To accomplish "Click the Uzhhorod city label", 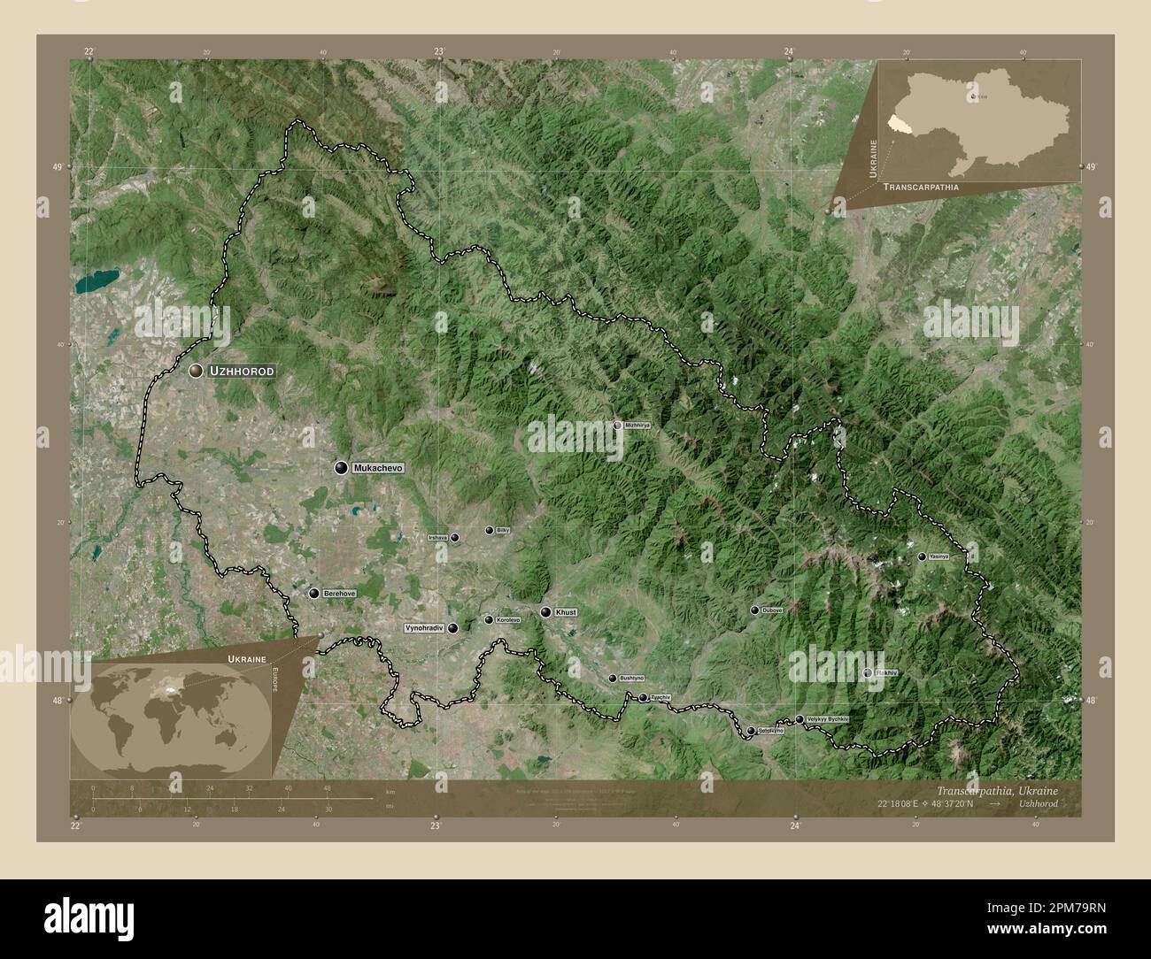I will tap(240, 372).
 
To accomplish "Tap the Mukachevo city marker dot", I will tap(340, 467).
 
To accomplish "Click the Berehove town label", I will tap(339, 594).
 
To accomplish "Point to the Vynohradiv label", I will tap(423, 628).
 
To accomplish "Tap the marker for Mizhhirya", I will tap(618, 426).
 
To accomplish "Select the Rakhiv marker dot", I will tap(868, 674).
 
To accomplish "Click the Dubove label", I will tap(772, 610).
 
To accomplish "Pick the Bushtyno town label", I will tap(632, 679).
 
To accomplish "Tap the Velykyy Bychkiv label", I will tap(828, 720).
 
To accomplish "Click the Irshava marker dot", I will tap(454, 537).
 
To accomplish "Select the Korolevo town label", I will tap(508, 620).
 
